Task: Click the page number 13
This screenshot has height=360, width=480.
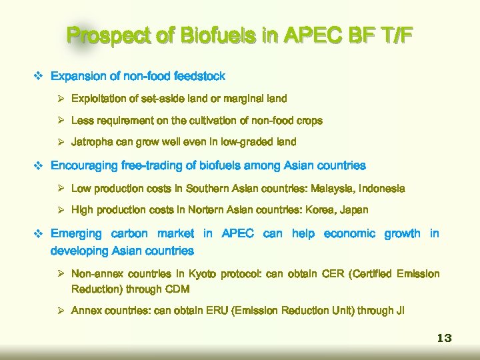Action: tap(444, 338)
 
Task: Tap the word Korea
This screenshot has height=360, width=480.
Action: tap(319, 210)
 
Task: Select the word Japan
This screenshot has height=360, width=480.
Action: tap(354, 210)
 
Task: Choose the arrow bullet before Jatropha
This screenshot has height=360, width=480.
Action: tap(61, 142)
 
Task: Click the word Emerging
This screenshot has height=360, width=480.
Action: tap(76, 234)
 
